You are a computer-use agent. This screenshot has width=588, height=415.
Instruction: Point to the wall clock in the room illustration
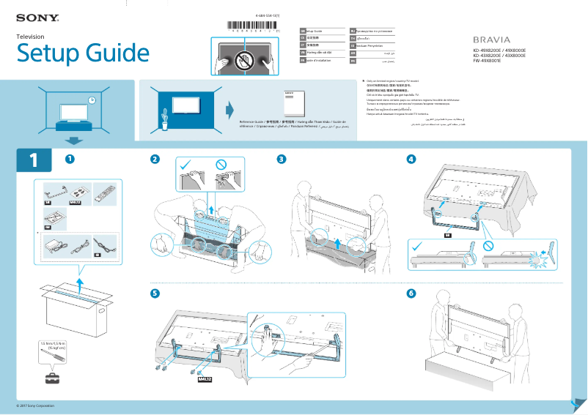pyautogui.click(x=92, y=100)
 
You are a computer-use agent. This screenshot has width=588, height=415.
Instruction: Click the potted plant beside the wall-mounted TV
pyautogui.click(x=164, y=119)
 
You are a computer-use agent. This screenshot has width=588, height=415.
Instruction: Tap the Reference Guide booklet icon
pyautogui.click(x=292, y=105)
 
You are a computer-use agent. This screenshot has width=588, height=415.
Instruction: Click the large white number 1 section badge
pyautogui.click(x=33, y=160)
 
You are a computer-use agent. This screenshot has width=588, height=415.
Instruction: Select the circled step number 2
pyautogui.click(x=155, y=159)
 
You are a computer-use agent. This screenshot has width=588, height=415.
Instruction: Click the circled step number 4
pyautogui.click(x=411, y=159)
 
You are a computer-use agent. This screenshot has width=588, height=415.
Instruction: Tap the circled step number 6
pyautogui.click(x=411, y=294)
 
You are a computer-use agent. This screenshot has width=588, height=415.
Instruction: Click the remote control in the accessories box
pyautogui.click(x=103, y=192)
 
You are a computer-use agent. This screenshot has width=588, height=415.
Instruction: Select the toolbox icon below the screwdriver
pyautogui.click(x=53, y=378)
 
